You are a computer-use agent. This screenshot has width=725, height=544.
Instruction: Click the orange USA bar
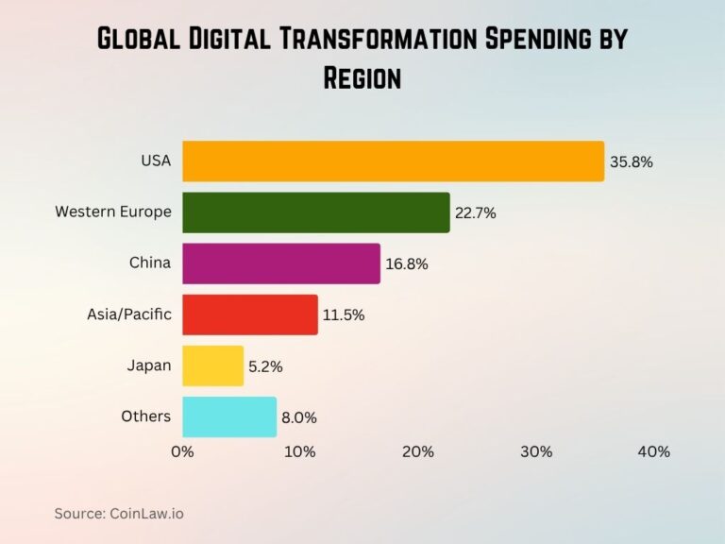(393, 161)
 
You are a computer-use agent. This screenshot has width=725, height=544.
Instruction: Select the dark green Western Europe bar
(315, 212)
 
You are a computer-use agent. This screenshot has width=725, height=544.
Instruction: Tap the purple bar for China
(280, 263)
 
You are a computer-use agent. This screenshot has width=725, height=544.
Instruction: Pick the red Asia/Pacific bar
(249, 314)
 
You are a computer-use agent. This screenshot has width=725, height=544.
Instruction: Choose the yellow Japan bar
(212, 365)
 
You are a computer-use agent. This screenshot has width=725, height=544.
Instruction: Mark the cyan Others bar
(228, 416)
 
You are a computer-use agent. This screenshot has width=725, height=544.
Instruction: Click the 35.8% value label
(632, 161)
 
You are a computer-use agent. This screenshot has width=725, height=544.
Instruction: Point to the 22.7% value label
(476, 213)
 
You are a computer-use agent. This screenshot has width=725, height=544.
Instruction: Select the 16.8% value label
(407, 264)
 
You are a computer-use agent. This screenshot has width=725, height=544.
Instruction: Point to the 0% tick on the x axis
(182, 451)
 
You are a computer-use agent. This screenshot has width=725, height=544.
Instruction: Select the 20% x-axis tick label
(418, 451)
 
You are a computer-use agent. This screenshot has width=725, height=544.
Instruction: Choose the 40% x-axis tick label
(653, 451)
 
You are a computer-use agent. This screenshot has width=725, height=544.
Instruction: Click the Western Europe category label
(113, 212)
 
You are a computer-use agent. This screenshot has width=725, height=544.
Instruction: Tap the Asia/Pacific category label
(129, 314)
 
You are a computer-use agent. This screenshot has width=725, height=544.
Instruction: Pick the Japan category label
(149, 365)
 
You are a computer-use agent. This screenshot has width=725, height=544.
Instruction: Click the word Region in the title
(362, 77)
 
